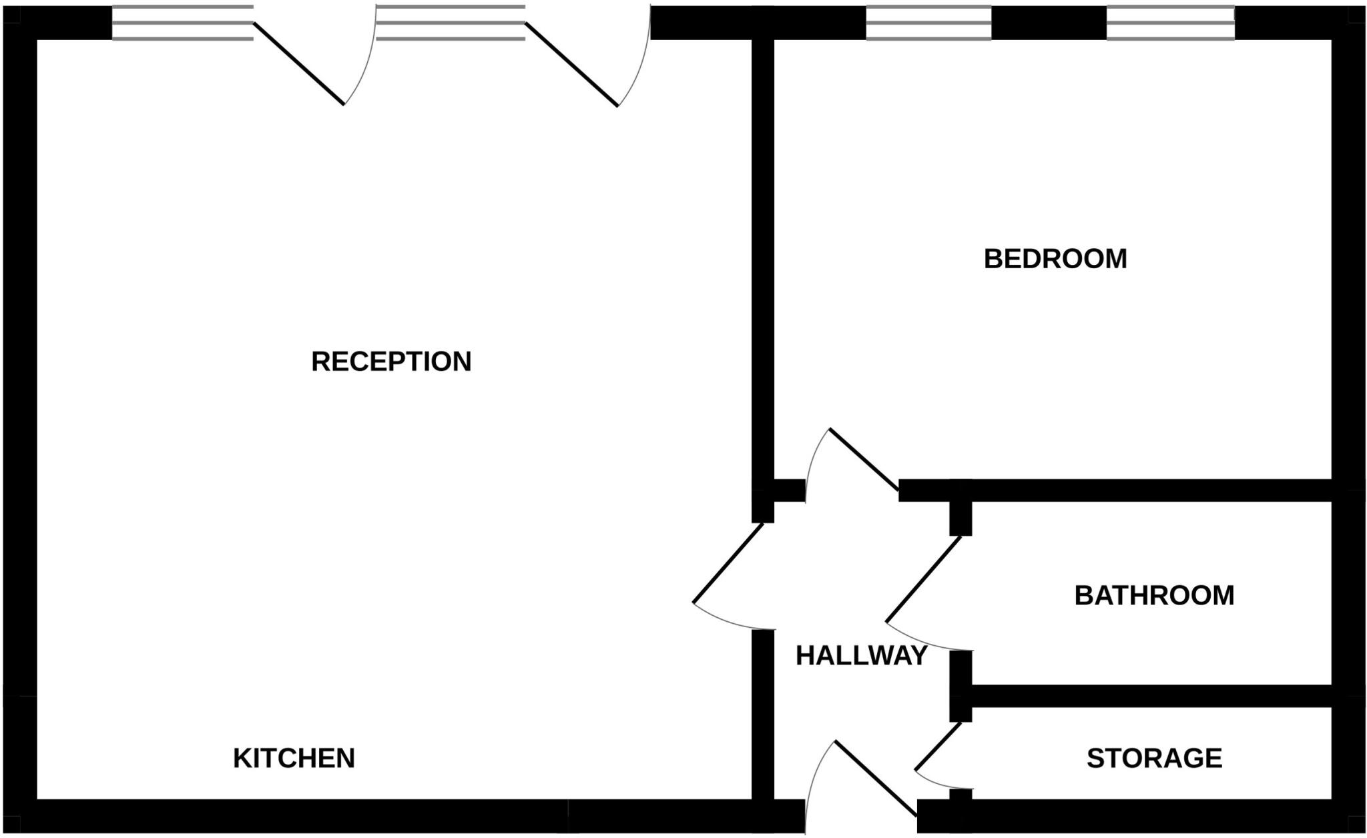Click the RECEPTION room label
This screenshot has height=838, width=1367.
(x=391, y=362)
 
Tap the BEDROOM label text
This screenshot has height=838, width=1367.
(x=1055, y=259)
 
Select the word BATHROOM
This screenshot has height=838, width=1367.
(x=1154, y=595)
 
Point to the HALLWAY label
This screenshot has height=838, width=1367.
(x=861, y=656)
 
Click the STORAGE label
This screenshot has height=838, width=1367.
(x=1154, y=759)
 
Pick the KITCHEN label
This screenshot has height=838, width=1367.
(x=294, y=759)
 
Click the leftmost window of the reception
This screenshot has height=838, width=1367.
(x=182, y=23)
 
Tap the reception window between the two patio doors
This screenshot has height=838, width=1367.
(x=451, y=23)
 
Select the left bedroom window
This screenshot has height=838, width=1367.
(x=928, y=23)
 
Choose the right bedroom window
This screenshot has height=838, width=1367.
(x=1171, y=23)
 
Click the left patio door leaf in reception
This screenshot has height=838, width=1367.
(x=299, y=64)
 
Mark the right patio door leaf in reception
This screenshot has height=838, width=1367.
(x=572, y=65)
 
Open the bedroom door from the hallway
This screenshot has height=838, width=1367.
(x=864, y=460)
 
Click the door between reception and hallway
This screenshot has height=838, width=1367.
(x=729, y=562)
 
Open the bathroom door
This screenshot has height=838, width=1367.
(x=924, y=579)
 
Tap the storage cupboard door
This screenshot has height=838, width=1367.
(x=938, y=746)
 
